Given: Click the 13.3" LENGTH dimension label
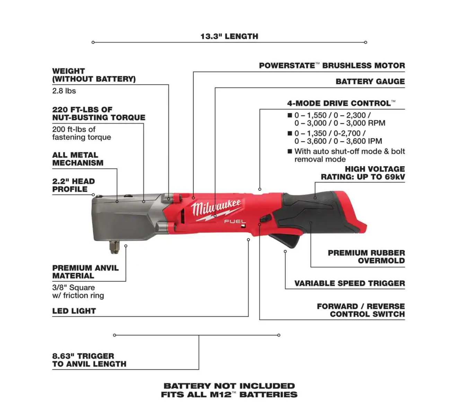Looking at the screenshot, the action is pos(229,36).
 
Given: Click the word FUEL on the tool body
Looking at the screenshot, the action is pos(235,221).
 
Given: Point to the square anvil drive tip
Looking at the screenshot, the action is pos(114,247).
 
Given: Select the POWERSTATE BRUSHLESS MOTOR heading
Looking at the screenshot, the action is pos(332,66).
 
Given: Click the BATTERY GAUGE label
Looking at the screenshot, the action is pos(370,82).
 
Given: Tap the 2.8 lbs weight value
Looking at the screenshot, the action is pos(64,91).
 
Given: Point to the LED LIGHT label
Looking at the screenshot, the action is pos(74,311).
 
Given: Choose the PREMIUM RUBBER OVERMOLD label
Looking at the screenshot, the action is pos(366,257).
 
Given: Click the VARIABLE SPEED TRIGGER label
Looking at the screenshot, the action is pos(350,283).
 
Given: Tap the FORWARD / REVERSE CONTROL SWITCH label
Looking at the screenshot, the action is pos(361,310).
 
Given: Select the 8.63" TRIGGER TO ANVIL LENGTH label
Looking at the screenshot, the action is pos(89,360).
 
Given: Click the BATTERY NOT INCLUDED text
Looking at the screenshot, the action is pos(229,386).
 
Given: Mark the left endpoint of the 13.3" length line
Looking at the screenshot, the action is pos(93,42).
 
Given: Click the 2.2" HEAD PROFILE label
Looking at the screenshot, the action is pos(73,185).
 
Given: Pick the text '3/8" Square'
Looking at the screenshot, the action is pos(73,288).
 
